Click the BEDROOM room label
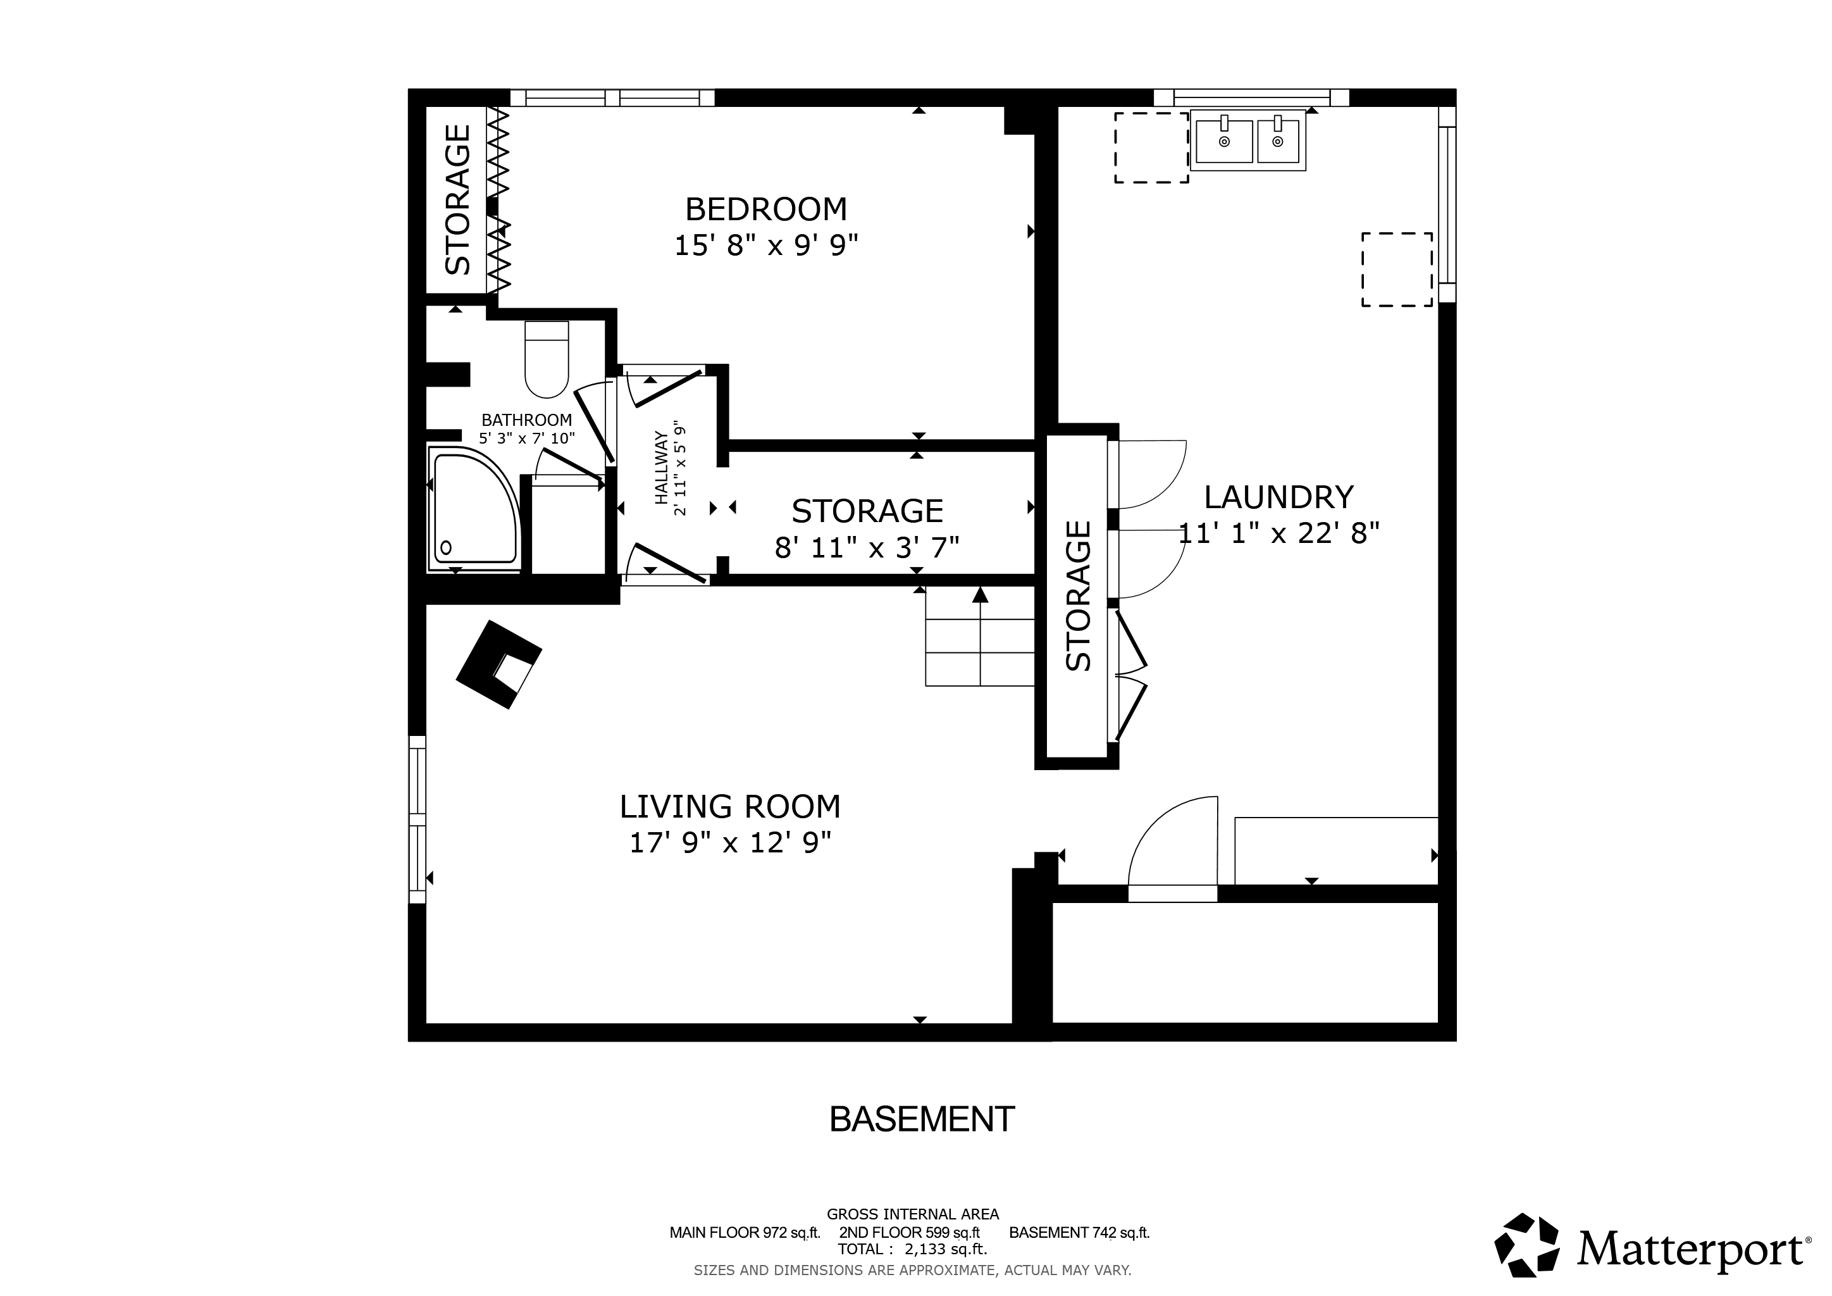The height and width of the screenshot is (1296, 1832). pyautogui.click(x=766, y=209)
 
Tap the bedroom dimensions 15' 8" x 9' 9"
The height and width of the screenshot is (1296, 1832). pyautogui.click(x=766, y=245)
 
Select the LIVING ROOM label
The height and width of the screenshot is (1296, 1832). pyautogui.click(x=730, y=807)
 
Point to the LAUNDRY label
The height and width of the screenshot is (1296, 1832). pyautogui.click(x=1278, y=497)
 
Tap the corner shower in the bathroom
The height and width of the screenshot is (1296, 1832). pyautogui.click(x=474, y=509)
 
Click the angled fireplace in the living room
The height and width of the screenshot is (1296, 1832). pyautogui.click(x=498, y=664)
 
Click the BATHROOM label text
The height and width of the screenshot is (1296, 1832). pyautogui.click(x=526, y=420)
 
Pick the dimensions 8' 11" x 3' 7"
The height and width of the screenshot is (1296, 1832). pyautogui.click(x=867, y=547)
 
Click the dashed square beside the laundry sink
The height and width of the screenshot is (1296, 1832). pyautogui.click(x=1151, y=147)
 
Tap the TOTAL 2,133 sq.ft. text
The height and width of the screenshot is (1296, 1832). pyautogui.click(x=912, y=1249)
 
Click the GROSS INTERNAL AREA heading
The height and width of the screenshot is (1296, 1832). pyautogui.click(x=913, y=1214)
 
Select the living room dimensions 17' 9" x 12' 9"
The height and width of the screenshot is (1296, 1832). pyautogui.click(x=730, y=843)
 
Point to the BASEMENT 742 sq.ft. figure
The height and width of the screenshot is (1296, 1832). pyautogui.click(x=1079, y=1232)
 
